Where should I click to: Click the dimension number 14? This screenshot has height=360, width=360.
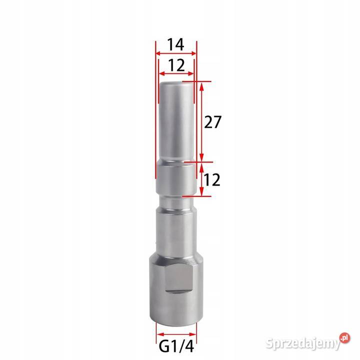pyautogui.click(x=175, y=44)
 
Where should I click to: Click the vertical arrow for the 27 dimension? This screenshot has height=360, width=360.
pyautogui.click(x=201, y=121)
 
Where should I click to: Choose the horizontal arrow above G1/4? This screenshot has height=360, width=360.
pyautogui.click(x=176, y=334)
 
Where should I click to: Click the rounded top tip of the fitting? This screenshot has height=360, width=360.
pyautogui.click(x=176, y=86)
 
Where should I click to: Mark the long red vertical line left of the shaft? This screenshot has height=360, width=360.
pyautogui.click(x=155, y=115)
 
